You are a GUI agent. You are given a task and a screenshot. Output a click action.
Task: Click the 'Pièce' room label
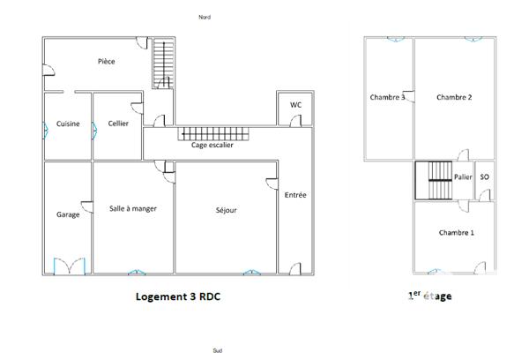[x=107, y=62]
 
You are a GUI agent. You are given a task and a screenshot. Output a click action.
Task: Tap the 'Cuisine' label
[x=68, y=124]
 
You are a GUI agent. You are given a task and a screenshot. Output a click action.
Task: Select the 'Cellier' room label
[x=118, y=124]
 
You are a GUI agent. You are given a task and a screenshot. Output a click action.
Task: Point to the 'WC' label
[x=296, y=105]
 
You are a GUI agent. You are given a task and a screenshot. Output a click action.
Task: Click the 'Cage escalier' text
[x=212, y=146]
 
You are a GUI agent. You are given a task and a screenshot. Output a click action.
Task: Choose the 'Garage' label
[x=68, y=214]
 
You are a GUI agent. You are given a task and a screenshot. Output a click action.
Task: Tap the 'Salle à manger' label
[x=133, y=208]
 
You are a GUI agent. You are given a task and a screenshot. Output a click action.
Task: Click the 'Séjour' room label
[x=227, y=211]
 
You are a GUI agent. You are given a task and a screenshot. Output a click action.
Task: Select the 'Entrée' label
[x=295, y=195]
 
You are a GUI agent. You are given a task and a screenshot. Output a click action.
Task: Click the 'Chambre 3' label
[x=387, y=97]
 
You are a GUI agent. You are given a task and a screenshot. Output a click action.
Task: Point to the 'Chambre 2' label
[x=454, y=97]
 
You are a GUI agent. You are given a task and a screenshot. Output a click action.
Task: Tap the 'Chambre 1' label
[x=456, y=233]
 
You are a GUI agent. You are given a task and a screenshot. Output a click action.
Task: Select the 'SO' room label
[x=484, y=177]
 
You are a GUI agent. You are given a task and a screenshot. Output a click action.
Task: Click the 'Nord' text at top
[x=205, y=17]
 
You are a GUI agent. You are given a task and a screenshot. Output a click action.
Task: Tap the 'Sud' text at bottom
[x=217, y=350]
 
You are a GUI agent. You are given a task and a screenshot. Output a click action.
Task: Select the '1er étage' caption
[x=429, y=296]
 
